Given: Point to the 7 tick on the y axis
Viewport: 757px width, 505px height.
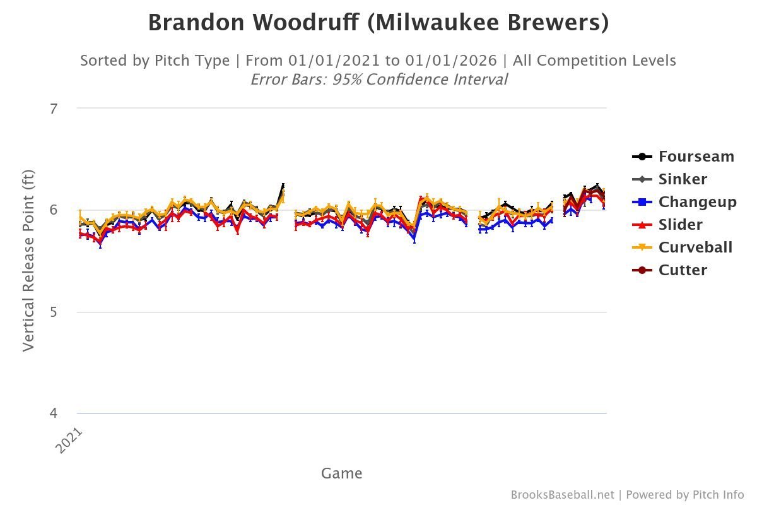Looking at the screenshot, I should [x=54, y=109].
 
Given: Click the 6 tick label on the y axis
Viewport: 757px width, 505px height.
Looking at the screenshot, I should [x=54, y=210].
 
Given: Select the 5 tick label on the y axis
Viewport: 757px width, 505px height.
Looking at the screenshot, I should [x=54, y=312].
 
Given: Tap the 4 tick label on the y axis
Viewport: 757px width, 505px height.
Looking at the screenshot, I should [x=54, y=414].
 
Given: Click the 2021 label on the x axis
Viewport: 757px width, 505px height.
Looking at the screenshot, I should [x=69, y=440].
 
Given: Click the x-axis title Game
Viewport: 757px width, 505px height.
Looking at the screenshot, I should [x=341, y=473].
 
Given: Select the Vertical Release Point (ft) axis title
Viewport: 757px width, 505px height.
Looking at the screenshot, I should [x=29, y=261].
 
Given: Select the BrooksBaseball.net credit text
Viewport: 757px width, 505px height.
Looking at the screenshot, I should [x=562, y=495].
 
